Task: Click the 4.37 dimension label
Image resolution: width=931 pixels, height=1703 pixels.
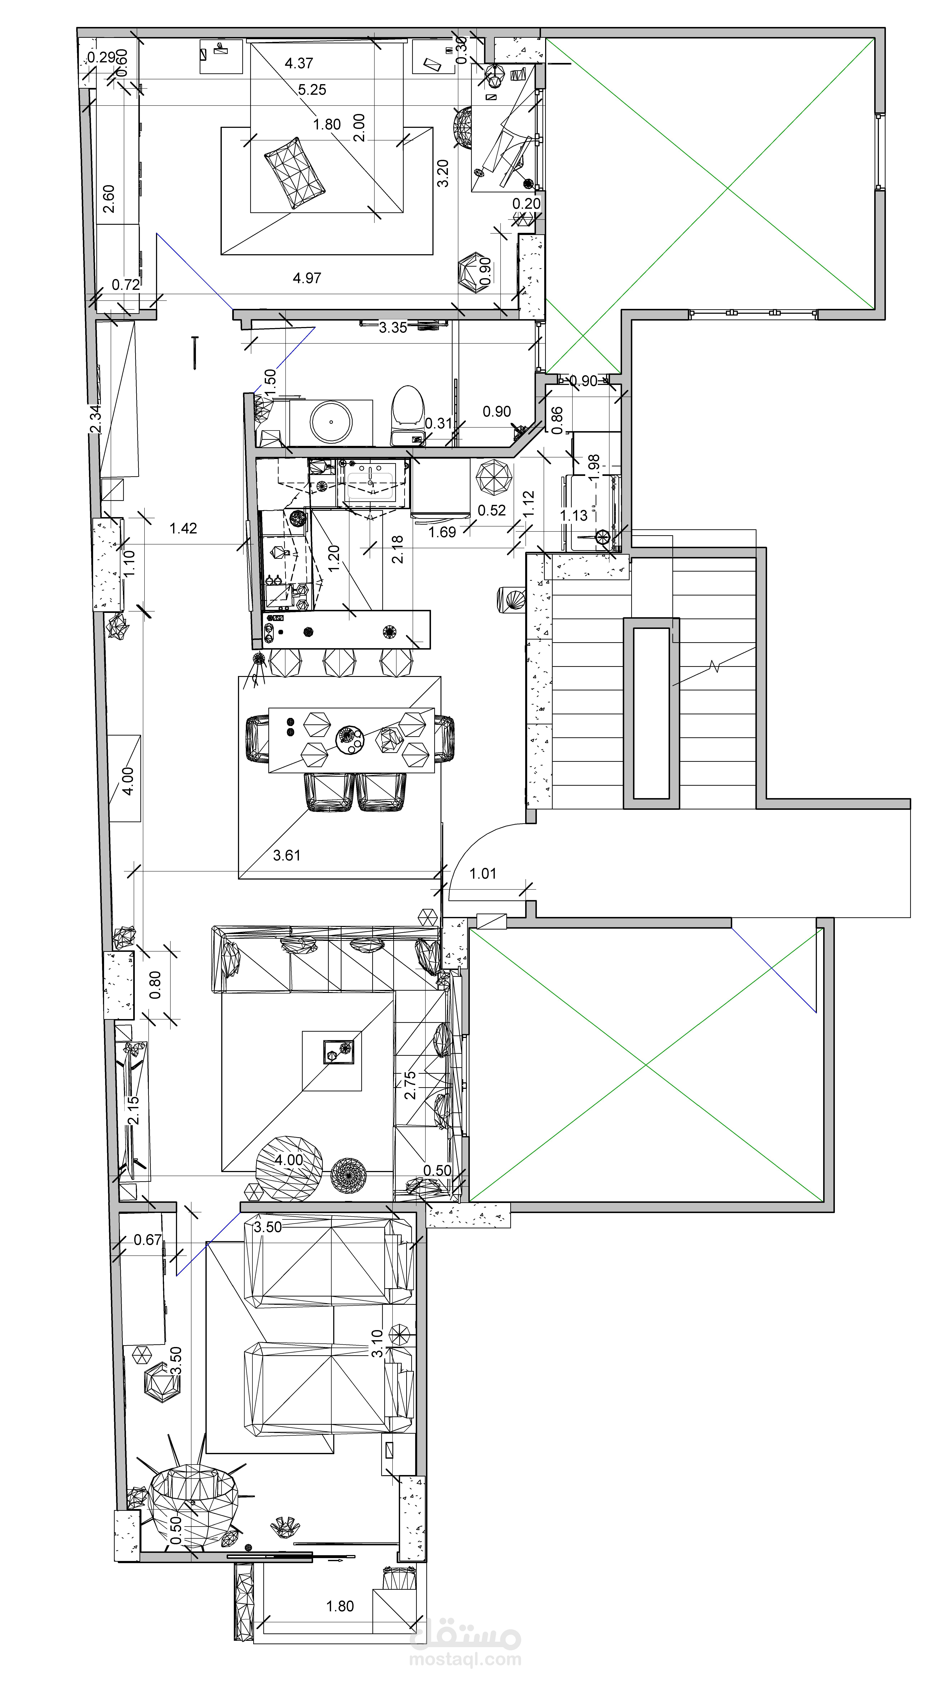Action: [x=299, y=63]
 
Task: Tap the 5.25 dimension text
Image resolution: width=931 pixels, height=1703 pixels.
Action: [x=312, y=90]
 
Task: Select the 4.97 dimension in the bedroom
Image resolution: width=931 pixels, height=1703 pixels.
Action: [x=307, y=278]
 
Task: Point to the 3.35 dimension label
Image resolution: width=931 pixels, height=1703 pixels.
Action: [x=393, y=327]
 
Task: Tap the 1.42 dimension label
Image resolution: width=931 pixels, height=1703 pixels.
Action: [x=183, y=528]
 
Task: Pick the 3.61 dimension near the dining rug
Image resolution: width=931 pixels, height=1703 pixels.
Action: [x=287, y=855]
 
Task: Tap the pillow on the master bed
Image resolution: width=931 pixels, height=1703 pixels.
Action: [x=295, y=173]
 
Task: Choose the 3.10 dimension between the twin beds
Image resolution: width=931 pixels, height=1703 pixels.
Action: [x=377, y=1343]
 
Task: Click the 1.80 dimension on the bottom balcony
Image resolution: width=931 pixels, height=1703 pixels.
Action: [x=340, y=1606]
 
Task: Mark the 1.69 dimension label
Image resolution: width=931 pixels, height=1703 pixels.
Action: [x=442, y=532]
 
